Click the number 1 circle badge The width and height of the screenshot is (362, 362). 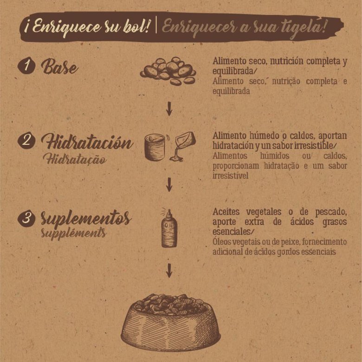[x=26, y=65]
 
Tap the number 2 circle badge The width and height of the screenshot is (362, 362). [x=26, y=140]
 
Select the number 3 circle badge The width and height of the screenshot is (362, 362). [x=26, y=218]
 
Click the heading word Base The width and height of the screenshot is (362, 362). [x=59, y=66]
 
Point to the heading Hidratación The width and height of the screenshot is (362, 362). [x=87, y=141]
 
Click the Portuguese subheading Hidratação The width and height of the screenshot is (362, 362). [x=75, y=159]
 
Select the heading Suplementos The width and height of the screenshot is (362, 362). [x=86, y=218]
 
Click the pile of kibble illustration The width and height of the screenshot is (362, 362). [x=168, y=71]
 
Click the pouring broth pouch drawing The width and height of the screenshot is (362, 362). [x=182, y=146]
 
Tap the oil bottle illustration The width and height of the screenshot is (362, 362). [x=169, y=228]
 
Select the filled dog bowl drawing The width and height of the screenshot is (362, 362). [x=171, y=323]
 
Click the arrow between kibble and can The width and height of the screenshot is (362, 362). [x=169, y=109]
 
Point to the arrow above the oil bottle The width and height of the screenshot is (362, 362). [x=169, y=184]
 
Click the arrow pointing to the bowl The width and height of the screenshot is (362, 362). [x=169, y=271]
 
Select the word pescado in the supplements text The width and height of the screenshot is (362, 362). [x=331, y=212]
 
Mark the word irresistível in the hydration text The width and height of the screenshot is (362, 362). [x=230, y=176]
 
